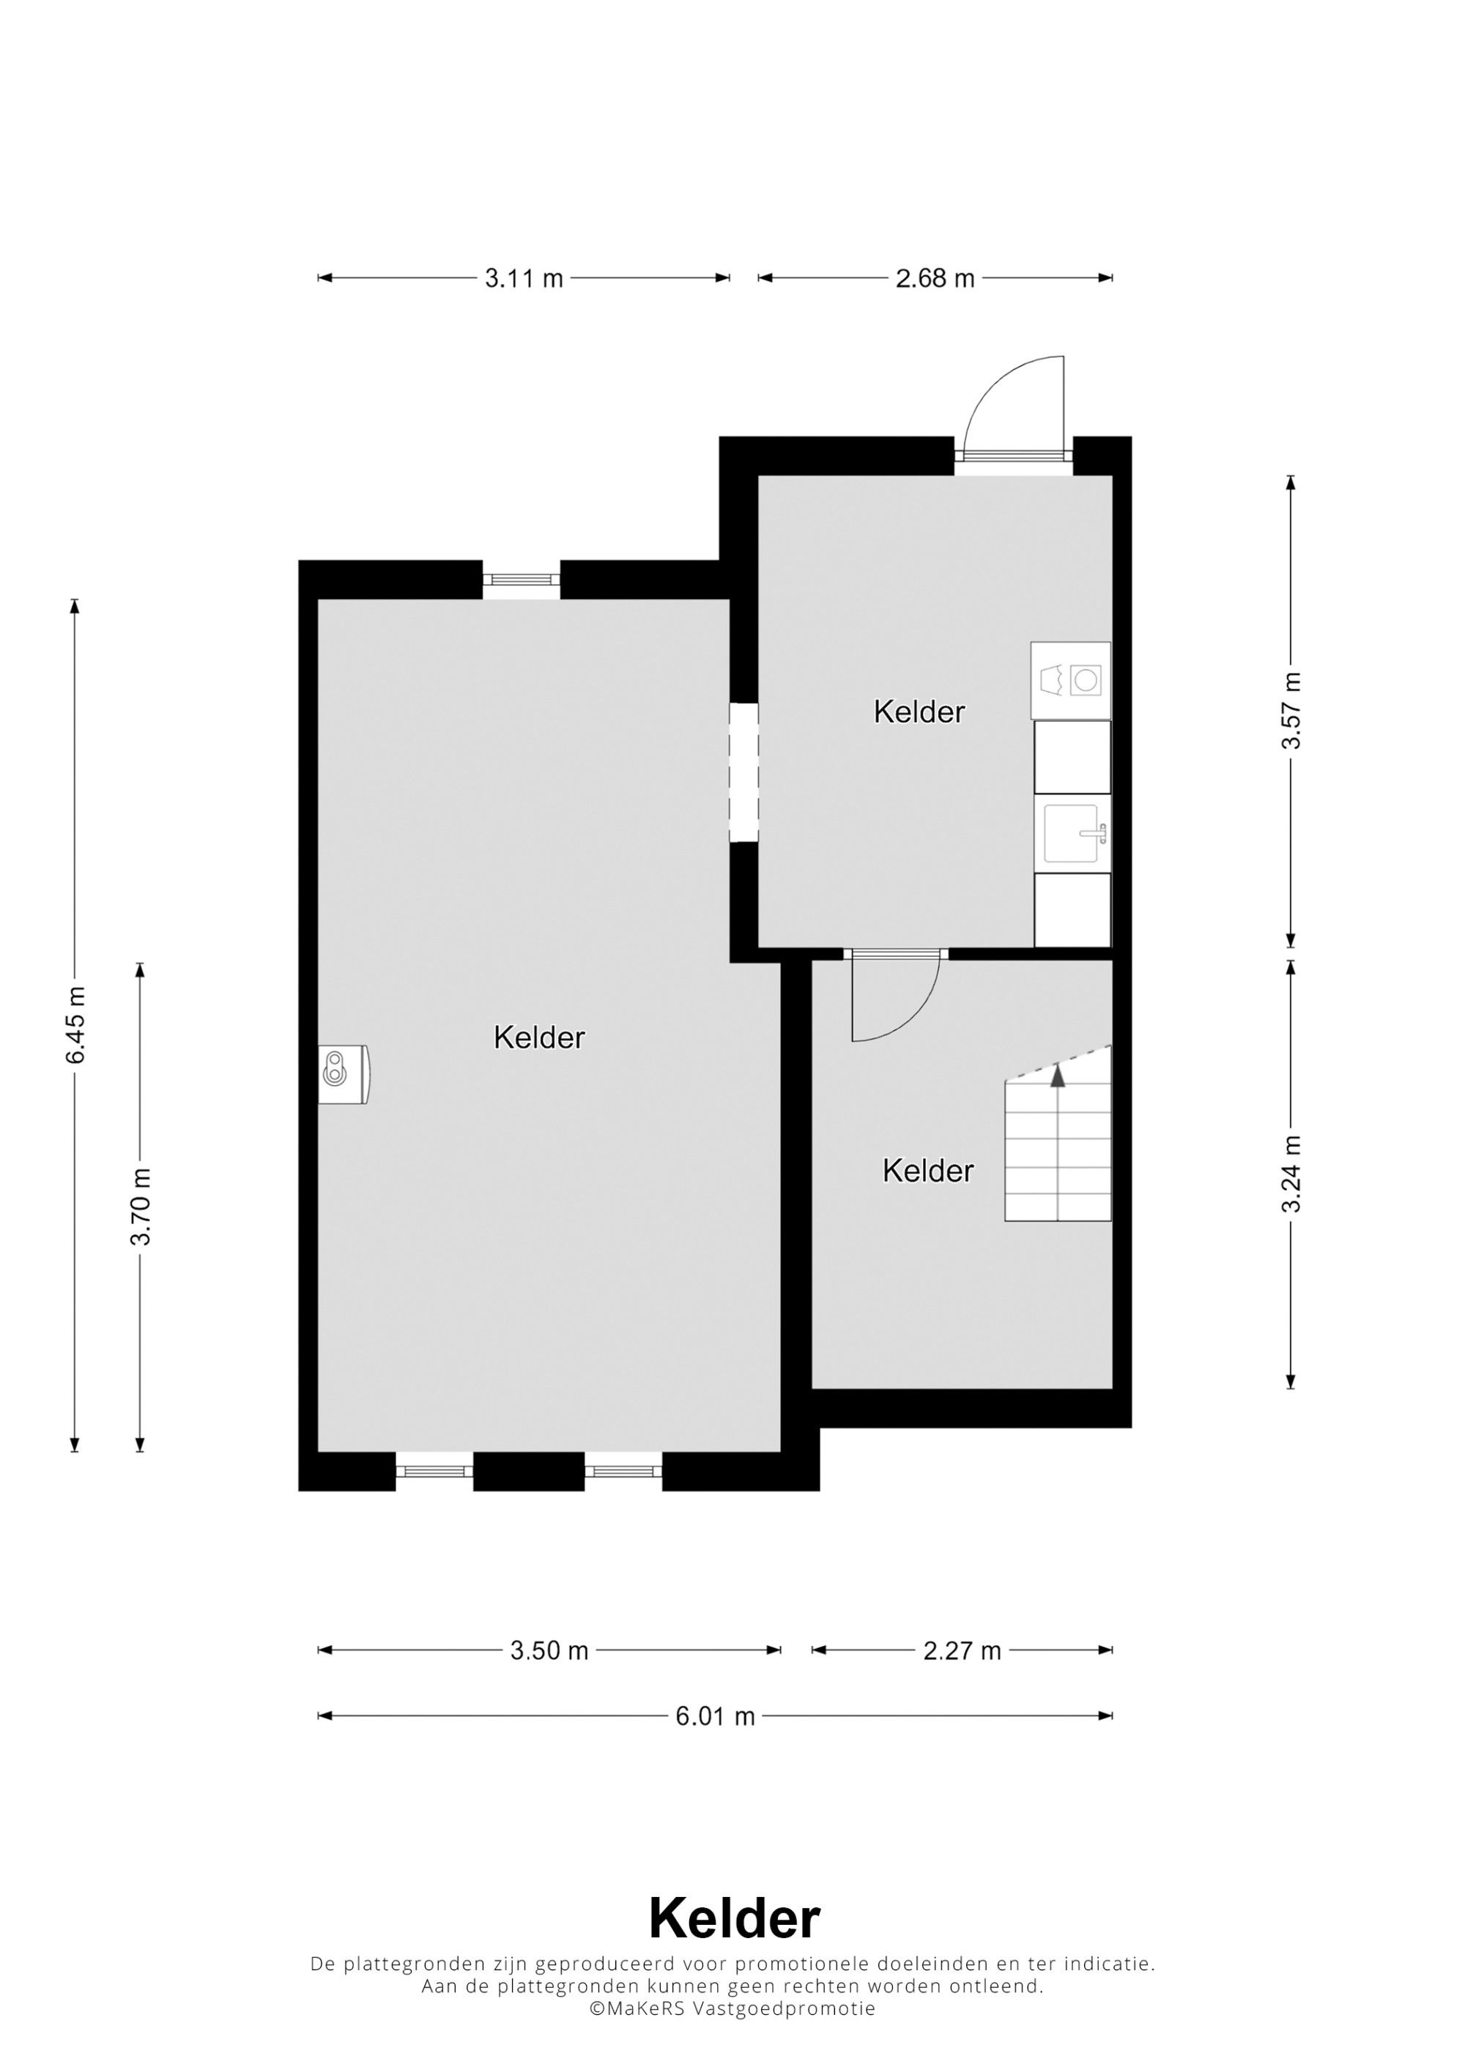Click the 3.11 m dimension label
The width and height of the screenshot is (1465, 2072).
tap(524, 278)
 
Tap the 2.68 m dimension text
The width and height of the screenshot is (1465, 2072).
tap(935, 278)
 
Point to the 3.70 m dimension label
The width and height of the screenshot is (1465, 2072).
tap(140, 1207)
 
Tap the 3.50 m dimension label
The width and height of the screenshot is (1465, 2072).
tap(549, 1650)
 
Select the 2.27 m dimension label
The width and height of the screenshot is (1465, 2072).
tap(963, 1650)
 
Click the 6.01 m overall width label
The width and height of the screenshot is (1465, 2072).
tap(715, 1715)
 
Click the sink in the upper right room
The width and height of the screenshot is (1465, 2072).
tap(1073, 833)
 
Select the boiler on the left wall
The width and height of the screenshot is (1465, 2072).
tap(344, 1074)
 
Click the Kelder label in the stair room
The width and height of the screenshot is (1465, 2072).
tap(928, 1171)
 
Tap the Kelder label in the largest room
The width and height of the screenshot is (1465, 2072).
tap(539, 1037)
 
